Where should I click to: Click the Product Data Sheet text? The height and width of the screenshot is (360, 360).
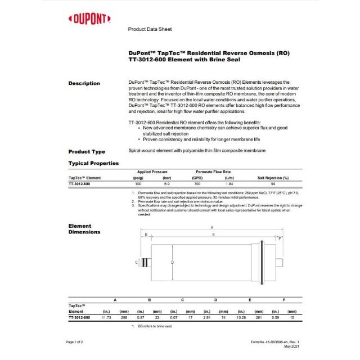(x=150, y=29)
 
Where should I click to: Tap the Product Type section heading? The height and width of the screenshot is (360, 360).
(x=87, y=151)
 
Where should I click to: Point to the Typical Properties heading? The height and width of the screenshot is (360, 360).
(x=93, y=163)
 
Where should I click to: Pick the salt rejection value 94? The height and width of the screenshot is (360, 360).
(x=273, y=184)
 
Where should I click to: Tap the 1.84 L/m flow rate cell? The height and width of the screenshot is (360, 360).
(x=229, y=184)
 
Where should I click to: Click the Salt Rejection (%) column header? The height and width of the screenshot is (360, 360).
(x=273, y=178)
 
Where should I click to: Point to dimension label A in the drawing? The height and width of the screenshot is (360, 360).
(x=211, y=227)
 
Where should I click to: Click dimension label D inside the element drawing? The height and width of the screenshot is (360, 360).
(x=172, y=262)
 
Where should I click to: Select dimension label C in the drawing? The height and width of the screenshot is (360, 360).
(x=137, y=262)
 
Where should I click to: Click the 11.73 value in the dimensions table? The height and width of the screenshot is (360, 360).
(x=107, y=318)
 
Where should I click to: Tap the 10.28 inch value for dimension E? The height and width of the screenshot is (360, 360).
(x=241, y=318)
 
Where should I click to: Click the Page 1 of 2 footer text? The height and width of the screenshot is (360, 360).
(x=74, y=342)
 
